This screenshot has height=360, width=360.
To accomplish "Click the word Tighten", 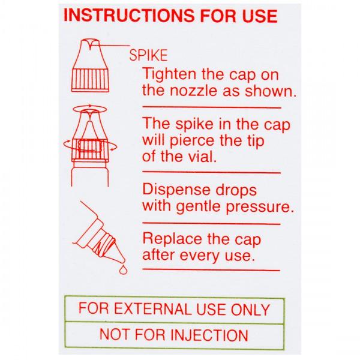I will tap(166, 75).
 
